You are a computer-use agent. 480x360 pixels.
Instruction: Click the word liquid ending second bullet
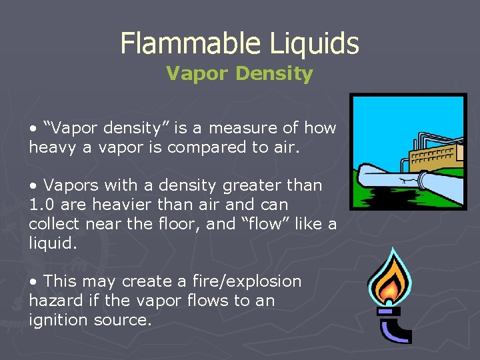pos(53,243)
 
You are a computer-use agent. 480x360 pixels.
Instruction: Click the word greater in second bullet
pos(243,185)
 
